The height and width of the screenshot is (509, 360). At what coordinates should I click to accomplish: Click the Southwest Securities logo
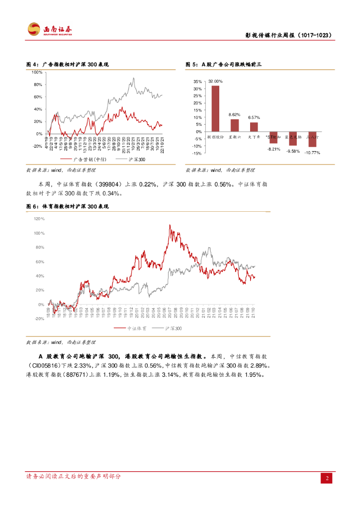point(50,29)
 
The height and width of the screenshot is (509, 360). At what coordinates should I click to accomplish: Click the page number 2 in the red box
point(327,478)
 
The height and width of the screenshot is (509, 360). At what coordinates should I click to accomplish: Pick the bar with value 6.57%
point(254,127)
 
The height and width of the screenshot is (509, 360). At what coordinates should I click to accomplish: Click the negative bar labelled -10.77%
point(312,139)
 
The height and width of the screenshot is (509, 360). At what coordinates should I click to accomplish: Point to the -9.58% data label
point(293,151)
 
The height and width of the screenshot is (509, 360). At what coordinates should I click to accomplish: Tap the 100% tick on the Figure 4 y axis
point(36,72)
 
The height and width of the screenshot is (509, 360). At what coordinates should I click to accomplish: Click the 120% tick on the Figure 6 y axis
point(39,219)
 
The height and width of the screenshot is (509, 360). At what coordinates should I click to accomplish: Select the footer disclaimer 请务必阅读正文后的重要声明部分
point(73,476)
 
